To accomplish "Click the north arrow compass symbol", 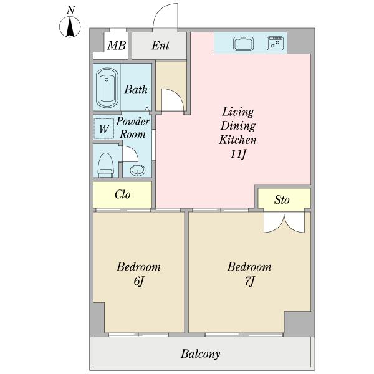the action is tap(70, 26).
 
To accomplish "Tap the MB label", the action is tap(117, 46).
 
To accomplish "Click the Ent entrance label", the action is tap(161, 45).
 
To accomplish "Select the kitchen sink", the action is tap(243, 44).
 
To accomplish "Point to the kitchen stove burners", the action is tap(275, 43).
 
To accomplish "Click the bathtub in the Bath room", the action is tap(107, 88).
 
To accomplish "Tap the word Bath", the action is tap(136, 90).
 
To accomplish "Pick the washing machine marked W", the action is tap(104, 129).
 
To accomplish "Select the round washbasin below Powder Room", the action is tap(138, 170).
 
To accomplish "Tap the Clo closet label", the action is tap(122, 194).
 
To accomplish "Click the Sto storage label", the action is tap(282, 199).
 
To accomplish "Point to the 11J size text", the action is tap(238, 155).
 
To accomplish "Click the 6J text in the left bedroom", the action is tap(138, 281).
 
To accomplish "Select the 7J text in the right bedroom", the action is tap(249, 281).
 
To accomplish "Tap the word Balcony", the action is tap(200, 353).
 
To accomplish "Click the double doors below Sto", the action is tap(284, 222).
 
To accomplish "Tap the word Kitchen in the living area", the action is tap(238, 140).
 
